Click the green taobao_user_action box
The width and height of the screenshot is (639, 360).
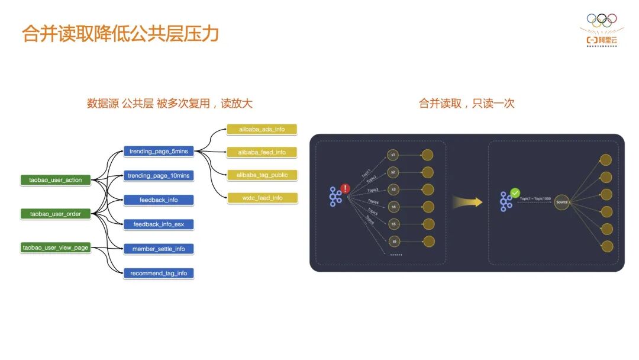[56, 179]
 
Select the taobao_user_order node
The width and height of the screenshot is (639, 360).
[56, 214]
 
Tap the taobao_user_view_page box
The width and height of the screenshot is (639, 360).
[56, 247]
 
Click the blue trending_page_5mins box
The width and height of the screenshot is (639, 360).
[159, 151]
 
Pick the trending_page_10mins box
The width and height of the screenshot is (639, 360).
[159, 175]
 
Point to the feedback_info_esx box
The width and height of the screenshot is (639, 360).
[159, 224]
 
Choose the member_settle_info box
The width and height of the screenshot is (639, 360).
[159, 249]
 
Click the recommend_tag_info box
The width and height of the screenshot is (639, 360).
[159, 273]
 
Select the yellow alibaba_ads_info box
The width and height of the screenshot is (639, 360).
[262, 129]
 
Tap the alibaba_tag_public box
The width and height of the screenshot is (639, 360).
[262, 175]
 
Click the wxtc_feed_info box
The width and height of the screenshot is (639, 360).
[262, 198]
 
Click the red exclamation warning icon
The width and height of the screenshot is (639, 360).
[346, 189]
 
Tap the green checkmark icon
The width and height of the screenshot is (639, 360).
[515, 193]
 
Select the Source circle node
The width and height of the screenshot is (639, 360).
[561, 202]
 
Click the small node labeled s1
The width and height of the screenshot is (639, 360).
[393, 155]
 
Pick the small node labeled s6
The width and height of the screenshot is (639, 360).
[393, 242]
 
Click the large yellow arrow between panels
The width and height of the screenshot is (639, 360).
[467, 202]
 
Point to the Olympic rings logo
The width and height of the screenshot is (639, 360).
[601, 19]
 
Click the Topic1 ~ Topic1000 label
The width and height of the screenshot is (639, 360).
[535, 199]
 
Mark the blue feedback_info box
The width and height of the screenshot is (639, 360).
[159, 200]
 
